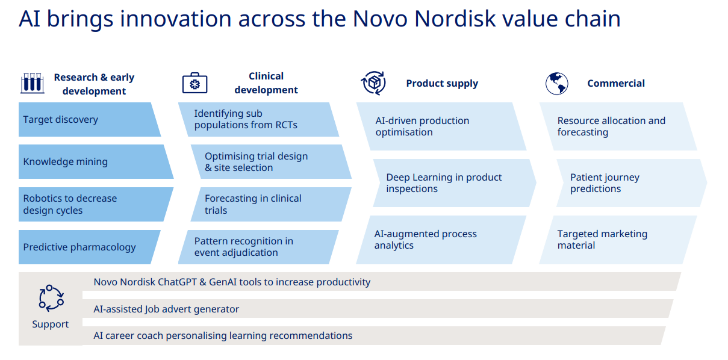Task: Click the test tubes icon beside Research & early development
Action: (32, 83)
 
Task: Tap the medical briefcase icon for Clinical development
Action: (194, 83)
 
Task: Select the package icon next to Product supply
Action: (373, 83)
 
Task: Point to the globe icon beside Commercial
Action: (557, 84)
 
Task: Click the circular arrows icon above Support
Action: (51, 298)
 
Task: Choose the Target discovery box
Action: (89, 120)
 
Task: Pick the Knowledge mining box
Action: (96, 161)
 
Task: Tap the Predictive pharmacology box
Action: (89, 247)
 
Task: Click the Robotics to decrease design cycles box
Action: (96, 204)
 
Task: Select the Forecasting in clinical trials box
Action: (271, 204)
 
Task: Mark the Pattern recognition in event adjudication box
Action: (258, 247)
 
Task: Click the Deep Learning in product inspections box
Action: (455, 183)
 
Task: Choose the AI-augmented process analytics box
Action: (441, 240)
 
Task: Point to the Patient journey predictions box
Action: (632, 183)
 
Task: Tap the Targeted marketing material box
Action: (618, 240)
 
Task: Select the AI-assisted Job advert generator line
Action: (166, 309)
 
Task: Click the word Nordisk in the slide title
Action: (455, 19)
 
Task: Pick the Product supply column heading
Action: (442, 84)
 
